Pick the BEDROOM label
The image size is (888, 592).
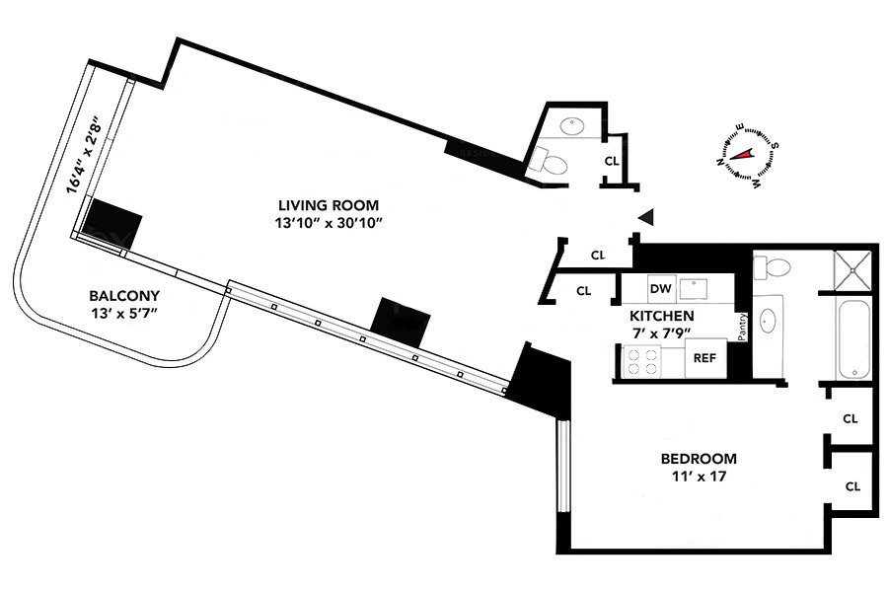point(699,459)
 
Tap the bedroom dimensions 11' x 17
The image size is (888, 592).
point(699,478)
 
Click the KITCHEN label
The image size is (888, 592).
point(662,316)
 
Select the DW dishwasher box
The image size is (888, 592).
point(660,289)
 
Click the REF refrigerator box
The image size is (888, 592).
point(704,358)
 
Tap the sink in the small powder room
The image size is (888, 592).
point(571,125)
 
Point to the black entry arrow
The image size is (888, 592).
point(646,216)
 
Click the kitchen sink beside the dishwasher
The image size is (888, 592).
point(702,289)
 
